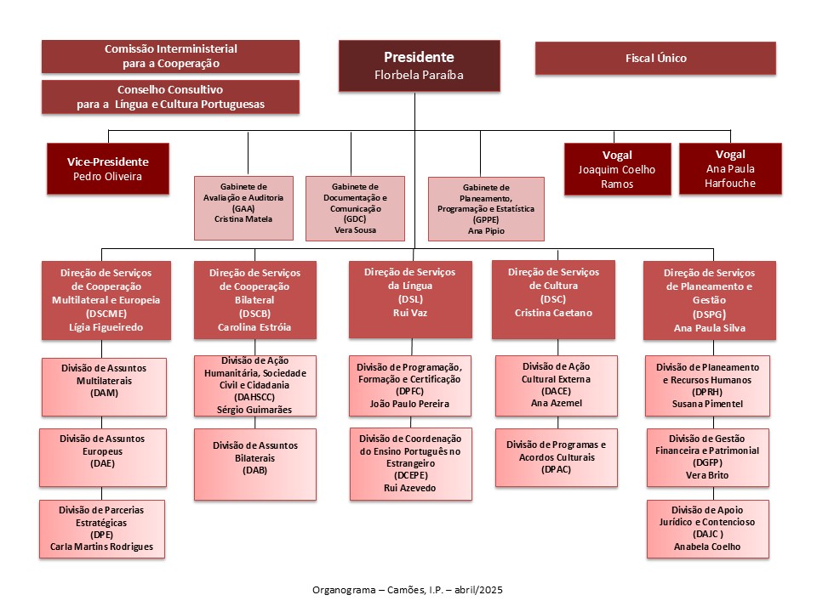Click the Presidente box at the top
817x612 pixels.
(x=420, y=66)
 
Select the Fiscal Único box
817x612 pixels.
(x=655, y=59)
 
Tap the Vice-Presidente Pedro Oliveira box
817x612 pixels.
(x=108, y=168)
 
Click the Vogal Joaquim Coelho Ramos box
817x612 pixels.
(x=618, y=169)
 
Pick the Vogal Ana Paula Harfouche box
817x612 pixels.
(x=730, y=168)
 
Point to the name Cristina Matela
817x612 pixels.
(x=243, y=219)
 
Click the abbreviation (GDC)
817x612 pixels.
(x=355, y=219)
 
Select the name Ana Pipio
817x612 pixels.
(x=486, y=231)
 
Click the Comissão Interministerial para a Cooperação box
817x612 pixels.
(x=170, y=56)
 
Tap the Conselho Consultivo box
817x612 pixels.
(x=170, y=97)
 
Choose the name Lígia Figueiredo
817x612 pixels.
(x=106, y=327)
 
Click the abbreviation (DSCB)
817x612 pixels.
(x=254, y=314)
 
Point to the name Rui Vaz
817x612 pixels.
(x=410, y=313)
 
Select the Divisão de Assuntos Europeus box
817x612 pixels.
(x=103, y=458)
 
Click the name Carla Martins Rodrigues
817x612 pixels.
(x=101, y=547)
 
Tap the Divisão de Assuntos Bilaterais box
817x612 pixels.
(x=255, y=464)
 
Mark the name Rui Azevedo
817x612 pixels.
(x=410, y=488)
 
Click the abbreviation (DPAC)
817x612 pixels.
(x=557, y=469)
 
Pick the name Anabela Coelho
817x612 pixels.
(x=707, y=547)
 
